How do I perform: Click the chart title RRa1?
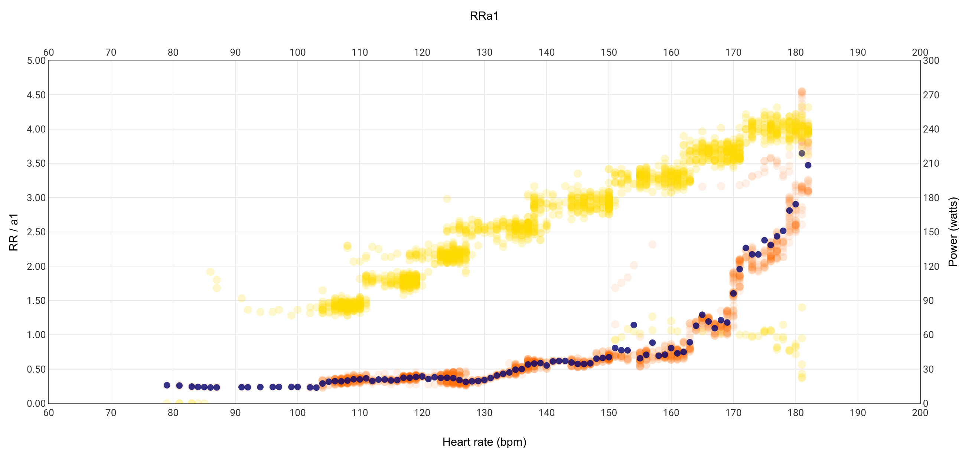click(484, 16)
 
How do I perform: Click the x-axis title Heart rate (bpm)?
click(484, 442)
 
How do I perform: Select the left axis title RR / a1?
click(14, 232)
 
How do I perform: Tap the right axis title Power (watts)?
click(953, 232)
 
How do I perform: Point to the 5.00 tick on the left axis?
click(36, 60)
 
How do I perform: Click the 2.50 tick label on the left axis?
click(36, 232)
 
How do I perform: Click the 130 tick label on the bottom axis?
click(484, 413)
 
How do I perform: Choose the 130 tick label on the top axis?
click(484, 52)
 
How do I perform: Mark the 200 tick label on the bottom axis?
click(920, 413)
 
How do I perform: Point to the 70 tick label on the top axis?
click(111, 52)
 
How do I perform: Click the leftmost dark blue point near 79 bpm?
click(167, 385)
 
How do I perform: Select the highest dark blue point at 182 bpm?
click(808, 165)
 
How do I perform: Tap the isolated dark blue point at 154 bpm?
click(633, 325)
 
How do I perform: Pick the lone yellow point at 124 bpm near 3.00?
click(447, 199)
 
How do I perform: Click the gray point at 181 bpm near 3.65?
click(802, 153)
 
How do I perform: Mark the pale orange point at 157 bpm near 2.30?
click(652, 245)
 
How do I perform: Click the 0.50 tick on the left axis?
click(36, 369)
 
